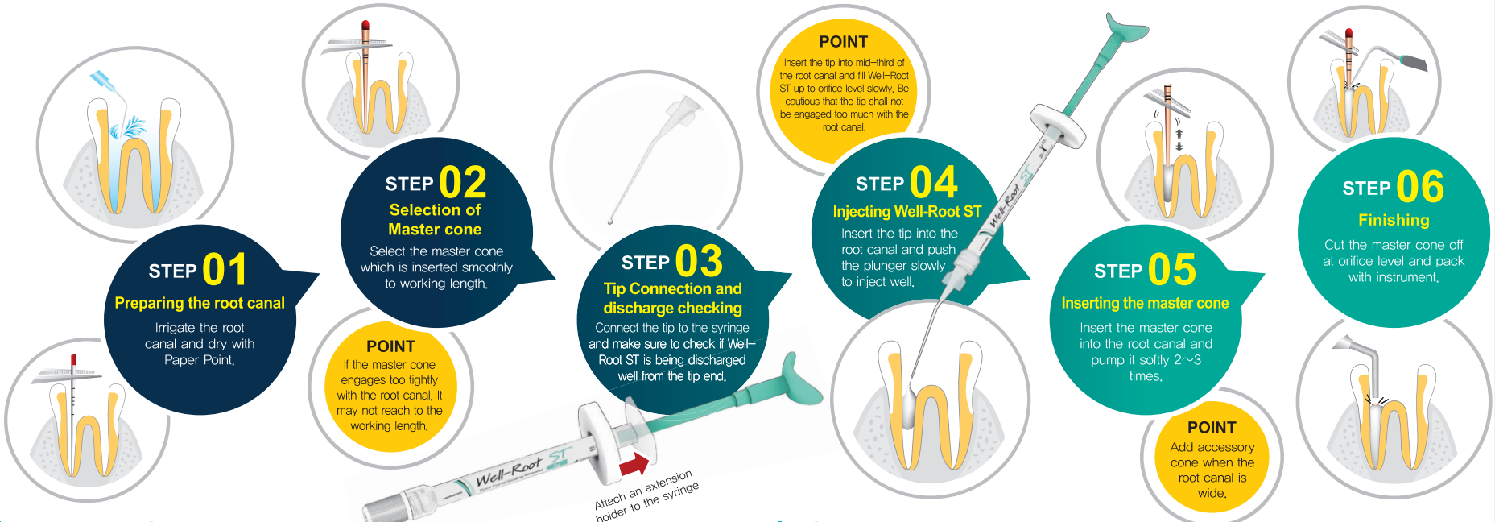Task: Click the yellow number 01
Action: [225, 269]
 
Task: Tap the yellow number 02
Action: [463, 182]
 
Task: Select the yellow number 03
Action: [699, 261]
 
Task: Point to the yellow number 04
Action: [934, 182]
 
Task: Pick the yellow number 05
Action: [1172, 269]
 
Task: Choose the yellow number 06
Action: [1420, 187]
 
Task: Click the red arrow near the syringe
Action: [634, 466]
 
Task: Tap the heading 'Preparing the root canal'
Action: [200, 303]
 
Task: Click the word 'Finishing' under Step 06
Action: [1394, 220]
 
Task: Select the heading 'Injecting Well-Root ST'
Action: [907, 211]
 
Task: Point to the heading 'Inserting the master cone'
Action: [1145, 303]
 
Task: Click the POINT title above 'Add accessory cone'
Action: [1212, 428]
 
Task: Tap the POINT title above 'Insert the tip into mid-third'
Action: [844, 42]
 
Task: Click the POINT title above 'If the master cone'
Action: [390, 346]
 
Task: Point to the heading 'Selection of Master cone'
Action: [435, 219]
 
